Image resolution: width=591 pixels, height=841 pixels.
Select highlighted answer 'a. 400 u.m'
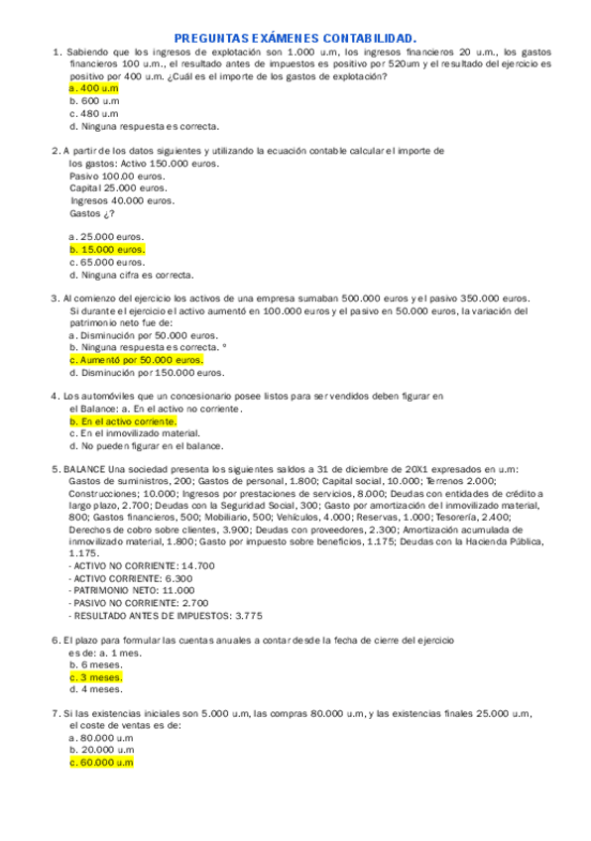tap(94, 87)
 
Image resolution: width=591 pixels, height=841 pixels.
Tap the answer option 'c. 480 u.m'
tap(94, 113)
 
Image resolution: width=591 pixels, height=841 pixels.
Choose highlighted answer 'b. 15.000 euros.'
tap(107, 250)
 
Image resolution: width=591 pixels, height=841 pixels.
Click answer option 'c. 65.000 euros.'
tap(107, 263)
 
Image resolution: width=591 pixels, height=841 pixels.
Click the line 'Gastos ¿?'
tap(92, 213)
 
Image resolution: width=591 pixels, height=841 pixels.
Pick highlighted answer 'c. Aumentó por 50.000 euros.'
tap(136, 360)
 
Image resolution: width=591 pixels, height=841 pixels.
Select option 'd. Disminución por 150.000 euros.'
tap(147, 373)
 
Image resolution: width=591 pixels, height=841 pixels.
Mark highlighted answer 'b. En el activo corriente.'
tap(123, 421)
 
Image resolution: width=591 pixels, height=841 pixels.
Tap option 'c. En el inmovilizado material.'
tap(135, 433)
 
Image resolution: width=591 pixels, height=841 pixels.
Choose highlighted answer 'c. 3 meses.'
tap(96, 676)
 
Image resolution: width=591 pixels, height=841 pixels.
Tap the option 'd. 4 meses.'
tap(96, 688)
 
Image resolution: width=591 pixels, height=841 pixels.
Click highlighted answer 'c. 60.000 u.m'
tap(101, 763)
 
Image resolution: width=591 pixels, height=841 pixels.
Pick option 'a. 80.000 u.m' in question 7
tap(101, 738)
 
